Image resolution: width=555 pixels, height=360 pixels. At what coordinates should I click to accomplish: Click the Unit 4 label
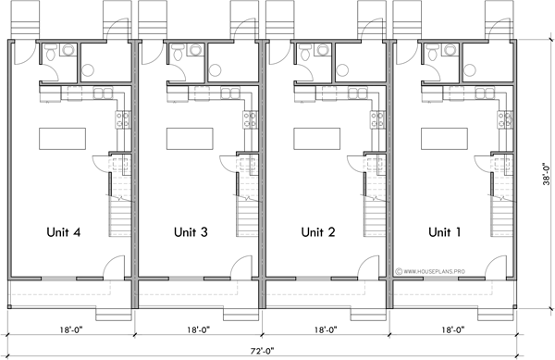(x=63, y=231)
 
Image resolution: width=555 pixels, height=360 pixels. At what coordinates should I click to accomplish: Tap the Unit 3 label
(x=190, y=231)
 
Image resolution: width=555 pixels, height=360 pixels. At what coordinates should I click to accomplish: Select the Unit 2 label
(x=317, y=231)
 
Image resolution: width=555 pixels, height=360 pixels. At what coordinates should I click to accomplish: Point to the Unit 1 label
(x=445, y=231)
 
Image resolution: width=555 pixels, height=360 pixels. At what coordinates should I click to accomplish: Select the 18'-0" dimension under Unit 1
(x=453, y=329)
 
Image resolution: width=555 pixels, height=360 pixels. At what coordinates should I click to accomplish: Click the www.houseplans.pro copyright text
(x=432, y=271)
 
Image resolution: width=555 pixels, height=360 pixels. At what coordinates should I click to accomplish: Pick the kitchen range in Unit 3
(x=247, y=118)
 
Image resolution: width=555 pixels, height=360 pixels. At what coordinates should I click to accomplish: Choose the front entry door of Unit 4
(x=112, y=269)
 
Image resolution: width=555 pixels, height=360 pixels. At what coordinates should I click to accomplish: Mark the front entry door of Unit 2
(x=367, y=269)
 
